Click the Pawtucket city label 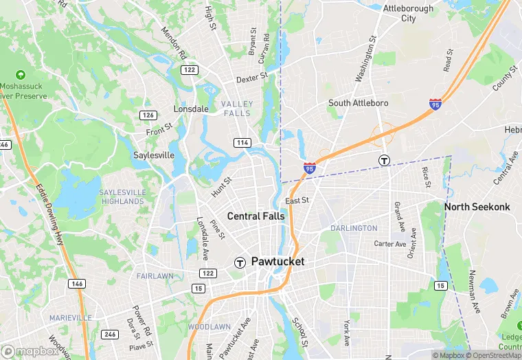277,262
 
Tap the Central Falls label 256,216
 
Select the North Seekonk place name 480,207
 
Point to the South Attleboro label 358,103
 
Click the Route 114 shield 242,142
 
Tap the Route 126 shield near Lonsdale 148,115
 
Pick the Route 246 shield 109,335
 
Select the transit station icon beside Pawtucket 240,262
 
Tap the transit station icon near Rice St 385,160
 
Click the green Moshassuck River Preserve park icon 20,74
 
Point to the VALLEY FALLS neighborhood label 237,109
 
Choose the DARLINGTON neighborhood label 354,228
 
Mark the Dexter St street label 251,79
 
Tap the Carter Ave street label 390,244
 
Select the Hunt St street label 222,187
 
